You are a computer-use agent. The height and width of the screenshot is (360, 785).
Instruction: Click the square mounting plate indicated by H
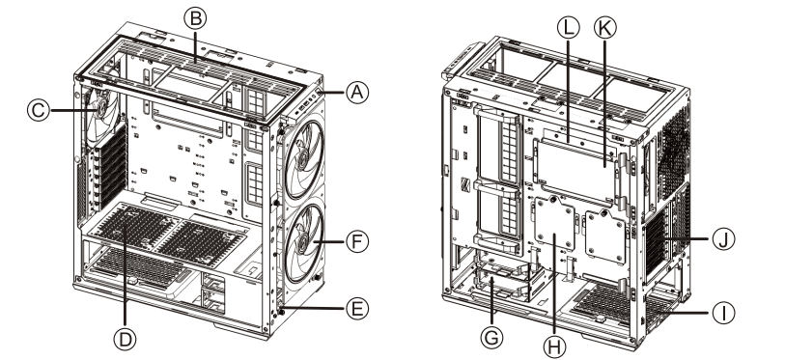(556, 235)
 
